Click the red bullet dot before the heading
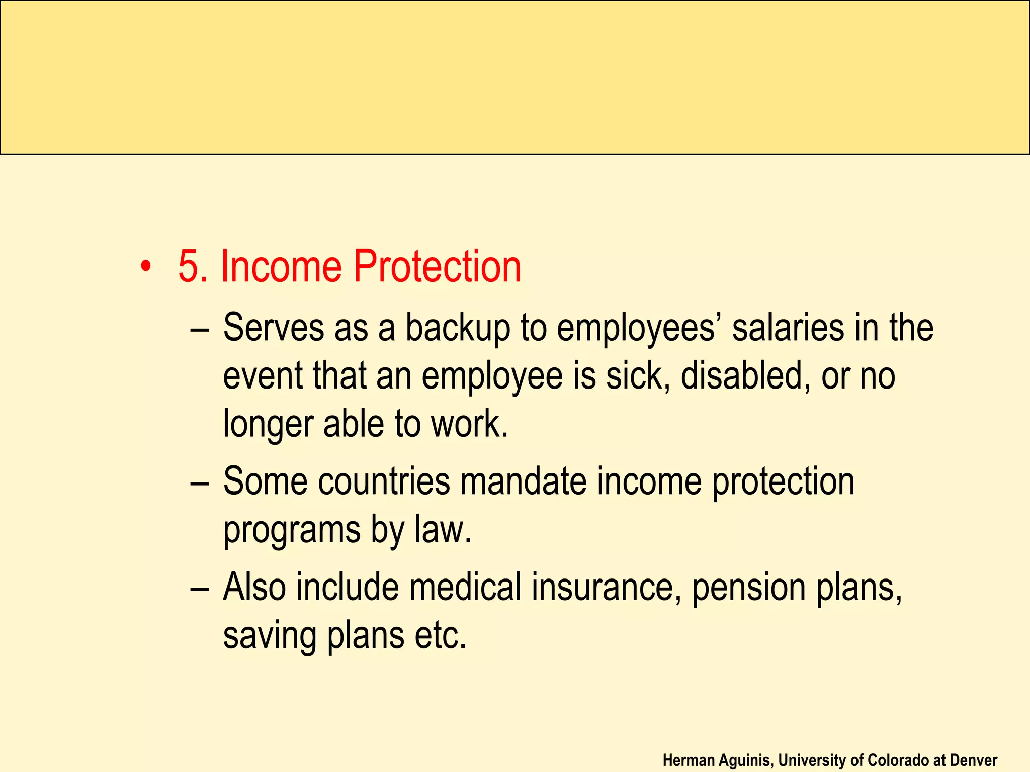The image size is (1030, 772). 145,267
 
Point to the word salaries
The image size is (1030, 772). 788,328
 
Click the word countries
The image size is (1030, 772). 384,481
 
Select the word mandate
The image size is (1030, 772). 524,481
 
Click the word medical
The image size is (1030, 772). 465,587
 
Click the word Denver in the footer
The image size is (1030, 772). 974,760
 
